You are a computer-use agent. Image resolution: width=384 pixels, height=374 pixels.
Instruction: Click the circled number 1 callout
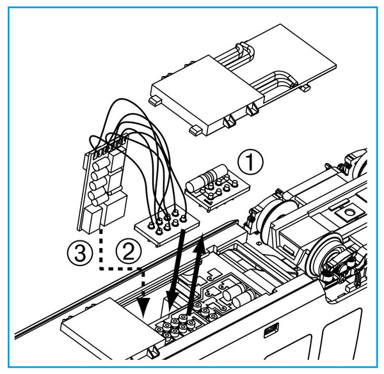[x=250, y=162]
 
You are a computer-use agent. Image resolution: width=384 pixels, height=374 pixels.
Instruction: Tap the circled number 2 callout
[x=129, y=251]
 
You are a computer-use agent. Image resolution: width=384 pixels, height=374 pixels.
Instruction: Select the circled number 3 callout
[x=80, y=253]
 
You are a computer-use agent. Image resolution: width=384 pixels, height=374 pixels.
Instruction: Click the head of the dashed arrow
[x=143, y=308]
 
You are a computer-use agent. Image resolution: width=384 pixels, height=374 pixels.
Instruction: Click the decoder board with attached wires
[x=103, y=185]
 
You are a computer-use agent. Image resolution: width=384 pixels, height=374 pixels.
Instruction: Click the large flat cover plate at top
[x=243, y=80]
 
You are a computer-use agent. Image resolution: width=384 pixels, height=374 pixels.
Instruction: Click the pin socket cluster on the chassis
[x=175, y=325]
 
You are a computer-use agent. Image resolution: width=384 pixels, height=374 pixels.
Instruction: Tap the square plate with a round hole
[x=348, y=212]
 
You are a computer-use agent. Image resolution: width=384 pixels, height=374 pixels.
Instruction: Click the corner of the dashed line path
[x=100, y=269]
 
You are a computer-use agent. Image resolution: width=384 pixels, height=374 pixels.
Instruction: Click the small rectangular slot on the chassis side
[x=271, y=331]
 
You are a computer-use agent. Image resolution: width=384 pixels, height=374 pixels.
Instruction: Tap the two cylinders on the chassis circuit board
[x=239, y=295]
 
